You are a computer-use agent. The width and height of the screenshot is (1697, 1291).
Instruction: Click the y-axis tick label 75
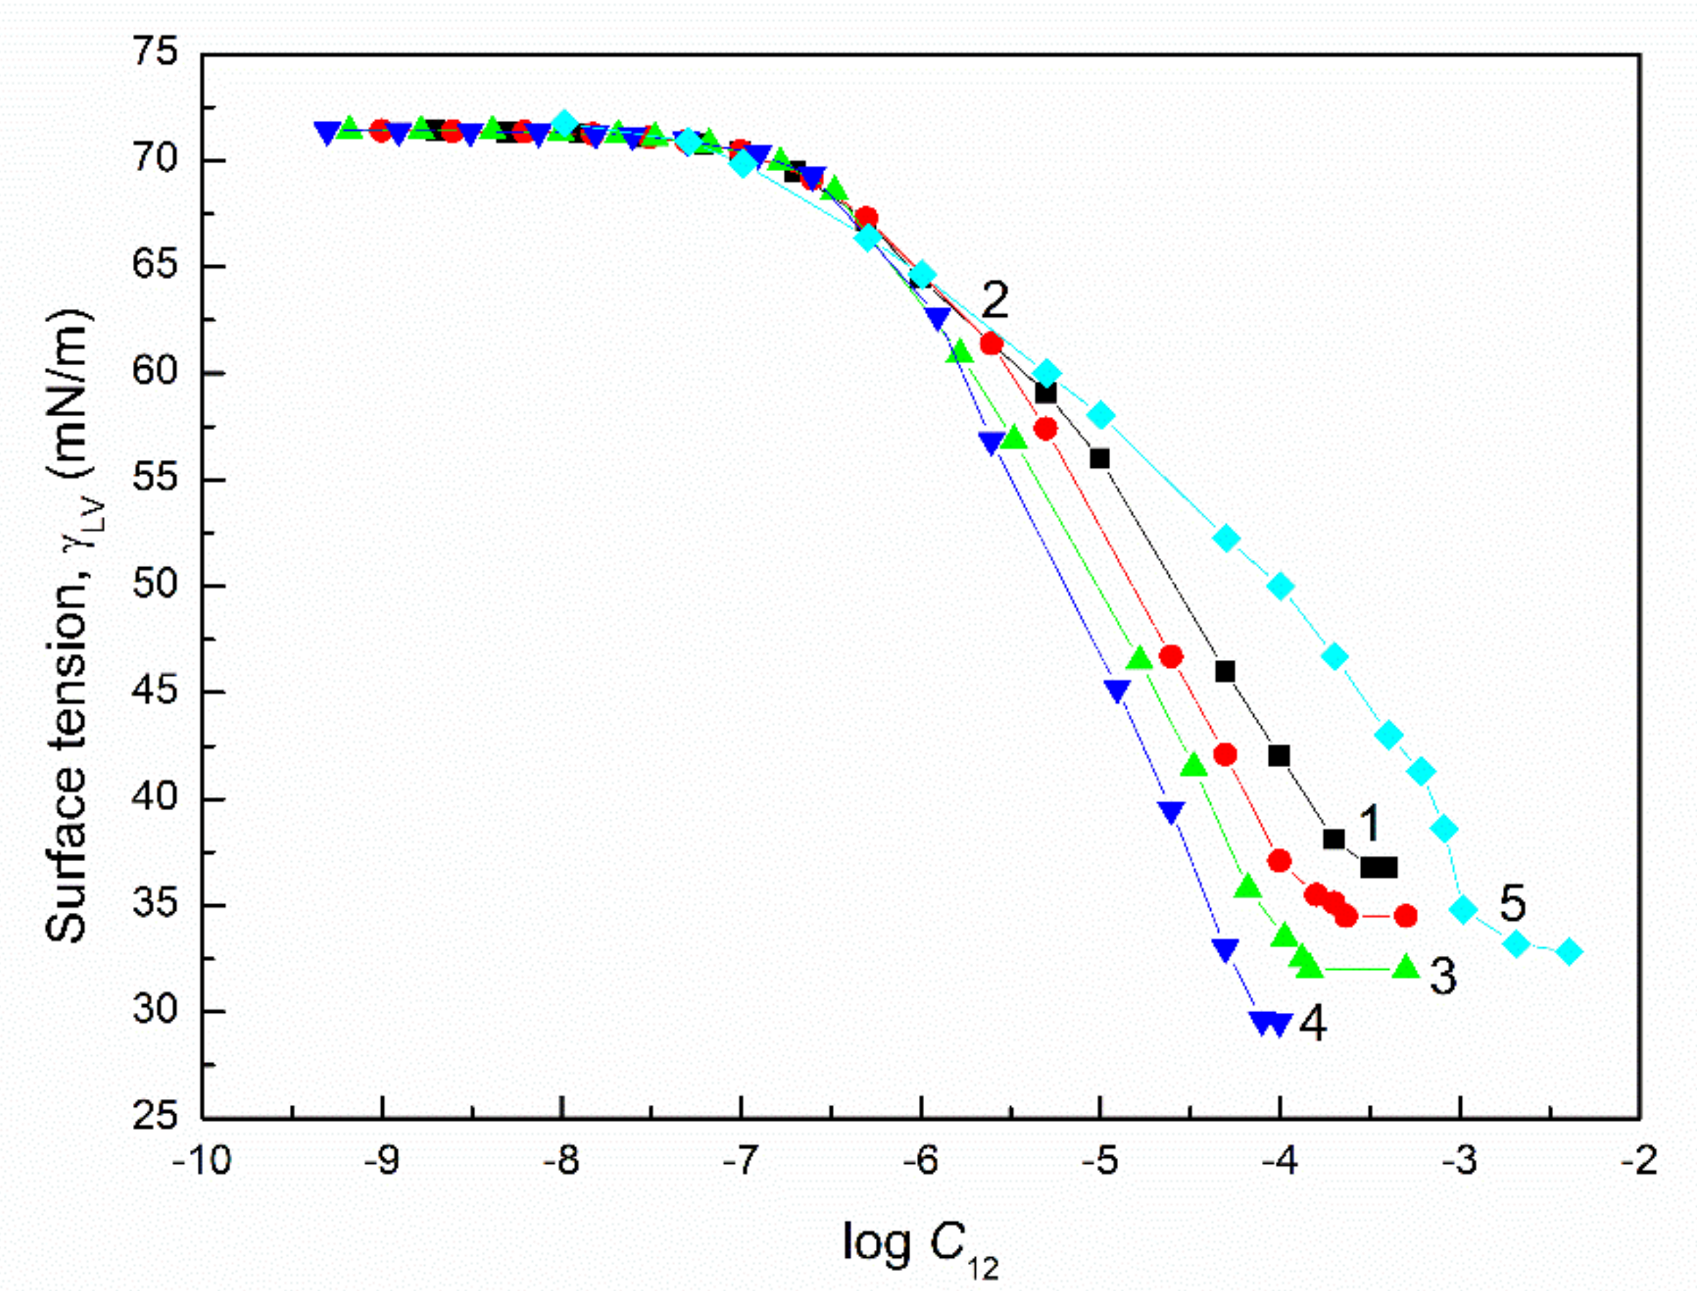click(x=155, y=54)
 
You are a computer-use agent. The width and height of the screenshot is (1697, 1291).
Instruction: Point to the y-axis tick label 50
click(x=155, y=586)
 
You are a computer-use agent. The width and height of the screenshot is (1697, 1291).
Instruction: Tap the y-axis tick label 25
click(x=155, y=1117)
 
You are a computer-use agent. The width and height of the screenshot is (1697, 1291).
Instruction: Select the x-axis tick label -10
click(x=201, y=1161)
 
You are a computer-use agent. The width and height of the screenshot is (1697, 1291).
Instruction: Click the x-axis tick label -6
click(x=920, y=1161)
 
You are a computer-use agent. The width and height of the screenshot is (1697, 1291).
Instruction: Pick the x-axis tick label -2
click(x=1639, y=1161)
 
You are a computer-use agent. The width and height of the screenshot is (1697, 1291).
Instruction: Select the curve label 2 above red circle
click(x=994, y=300)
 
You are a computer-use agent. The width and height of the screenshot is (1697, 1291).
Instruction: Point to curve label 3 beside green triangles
click(x=1442, y=977)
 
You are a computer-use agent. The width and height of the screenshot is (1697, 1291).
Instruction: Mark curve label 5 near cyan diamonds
click(x=1511, y=904)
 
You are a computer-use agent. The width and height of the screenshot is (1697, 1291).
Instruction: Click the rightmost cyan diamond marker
click(x=1570, y=951)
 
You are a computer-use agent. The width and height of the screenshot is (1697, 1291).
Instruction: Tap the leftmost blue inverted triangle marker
click(x=328, y=132)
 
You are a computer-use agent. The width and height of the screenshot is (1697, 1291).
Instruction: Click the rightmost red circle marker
click(x=1406, y=916)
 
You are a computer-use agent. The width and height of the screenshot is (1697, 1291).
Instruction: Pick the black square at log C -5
click(x=1100, y=459)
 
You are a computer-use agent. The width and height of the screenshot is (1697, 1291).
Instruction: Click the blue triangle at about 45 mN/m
click(x=1117, y=690)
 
